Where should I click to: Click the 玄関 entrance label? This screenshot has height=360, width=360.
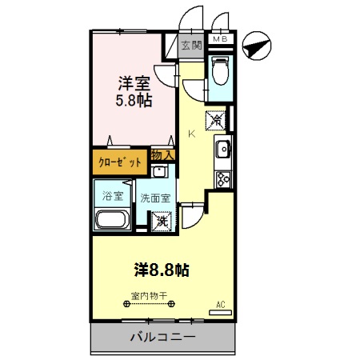[x=190, y=46]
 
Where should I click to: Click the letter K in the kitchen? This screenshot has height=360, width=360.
[x=190, y=134]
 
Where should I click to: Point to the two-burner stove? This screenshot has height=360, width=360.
[x=222, y=178]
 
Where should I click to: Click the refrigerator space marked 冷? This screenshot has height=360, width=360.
[x=217, y=120]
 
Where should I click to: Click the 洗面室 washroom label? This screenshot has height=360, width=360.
[x=155, y=198]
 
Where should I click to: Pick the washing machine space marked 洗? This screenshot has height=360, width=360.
[x=162, y=221]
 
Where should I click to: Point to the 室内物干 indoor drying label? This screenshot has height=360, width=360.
[x=150, y=296]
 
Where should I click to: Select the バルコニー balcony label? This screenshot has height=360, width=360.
[x=162, y=338]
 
